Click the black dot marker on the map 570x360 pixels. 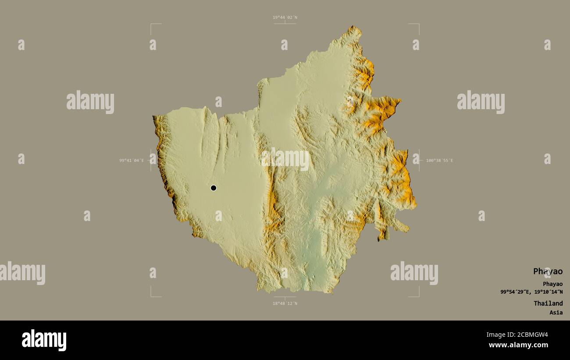[214, 188]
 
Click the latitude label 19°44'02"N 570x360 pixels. [285, 18]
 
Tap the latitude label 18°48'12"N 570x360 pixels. [285, 303]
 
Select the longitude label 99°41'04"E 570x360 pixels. [132, 160]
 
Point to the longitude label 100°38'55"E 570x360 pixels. [439, 160]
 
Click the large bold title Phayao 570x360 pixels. [548, 271]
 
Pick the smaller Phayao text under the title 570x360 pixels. [552, 284]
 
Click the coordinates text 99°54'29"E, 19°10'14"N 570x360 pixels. [531, 292]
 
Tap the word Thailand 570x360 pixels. [548, 303]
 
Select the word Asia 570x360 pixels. [556, 312]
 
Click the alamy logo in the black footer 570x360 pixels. [44, 340]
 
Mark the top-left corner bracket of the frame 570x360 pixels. [152, 25]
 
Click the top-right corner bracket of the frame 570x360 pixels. [418, 25]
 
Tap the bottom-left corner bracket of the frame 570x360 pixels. [152, 296]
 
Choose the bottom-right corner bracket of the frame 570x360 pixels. [418, 296]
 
